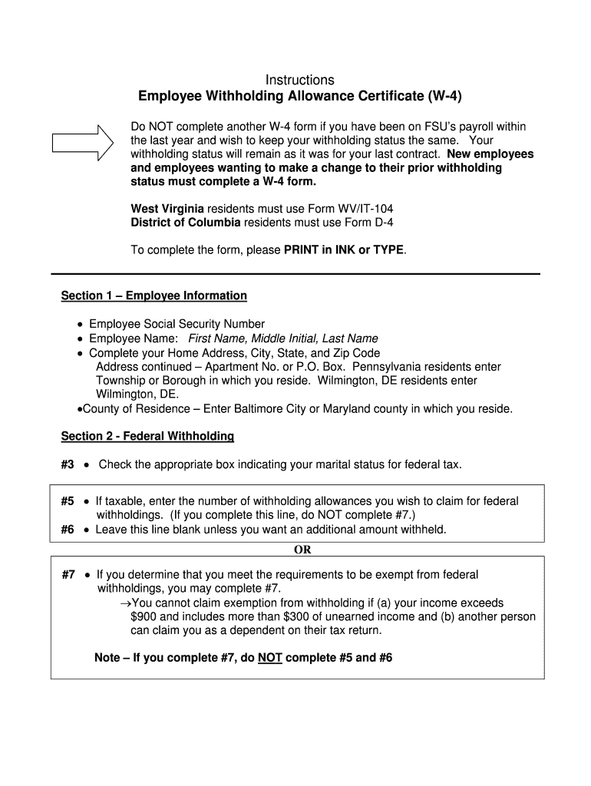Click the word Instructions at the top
[x=299, y=80]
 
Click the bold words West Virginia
[x=167, y=208]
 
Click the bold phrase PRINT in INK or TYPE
[x=343, y=250]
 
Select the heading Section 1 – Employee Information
[x=154, y=296]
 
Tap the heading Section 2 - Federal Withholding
[x=147, y=436]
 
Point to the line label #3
[x=68, y=464]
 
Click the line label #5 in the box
[x=68, y=501]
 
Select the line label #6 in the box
[x=68, y=530]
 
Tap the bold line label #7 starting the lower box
[x=68, y=574]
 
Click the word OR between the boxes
[x=302, y=550]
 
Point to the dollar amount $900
[x=144, y=616]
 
